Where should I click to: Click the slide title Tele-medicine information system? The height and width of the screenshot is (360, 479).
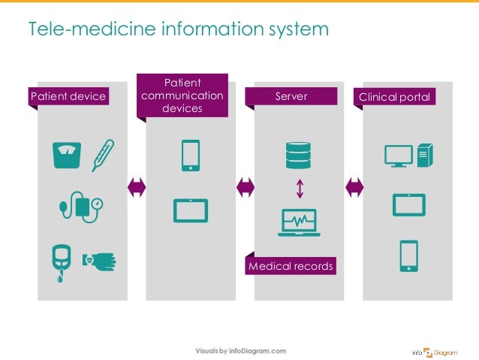point(178,29)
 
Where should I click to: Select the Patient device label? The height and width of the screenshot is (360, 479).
point(68,96)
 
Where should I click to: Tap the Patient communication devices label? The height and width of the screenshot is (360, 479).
point(182,95)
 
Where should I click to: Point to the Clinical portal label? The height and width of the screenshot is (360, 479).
point(397,96)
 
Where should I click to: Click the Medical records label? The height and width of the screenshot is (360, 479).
point(291,266)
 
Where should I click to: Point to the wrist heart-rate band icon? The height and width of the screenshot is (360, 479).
point(100,259)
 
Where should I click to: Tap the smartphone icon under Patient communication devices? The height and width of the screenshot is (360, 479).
point(190,156)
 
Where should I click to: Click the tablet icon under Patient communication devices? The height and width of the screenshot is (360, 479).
point(190,210)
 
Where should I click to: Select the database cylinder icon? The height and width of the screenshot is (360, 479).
point(298,156)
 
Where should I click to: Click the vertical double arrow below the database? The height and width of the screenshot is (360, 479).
point(299,188)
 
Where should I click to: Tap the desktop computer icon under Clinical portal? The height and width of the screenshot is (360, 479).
point(408,156)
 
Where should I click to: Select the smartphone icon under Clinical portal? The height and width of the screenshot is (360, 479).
point(408,255)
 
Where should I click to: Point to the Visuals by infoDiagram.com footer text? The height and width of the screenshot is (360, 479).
point(240,351)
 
